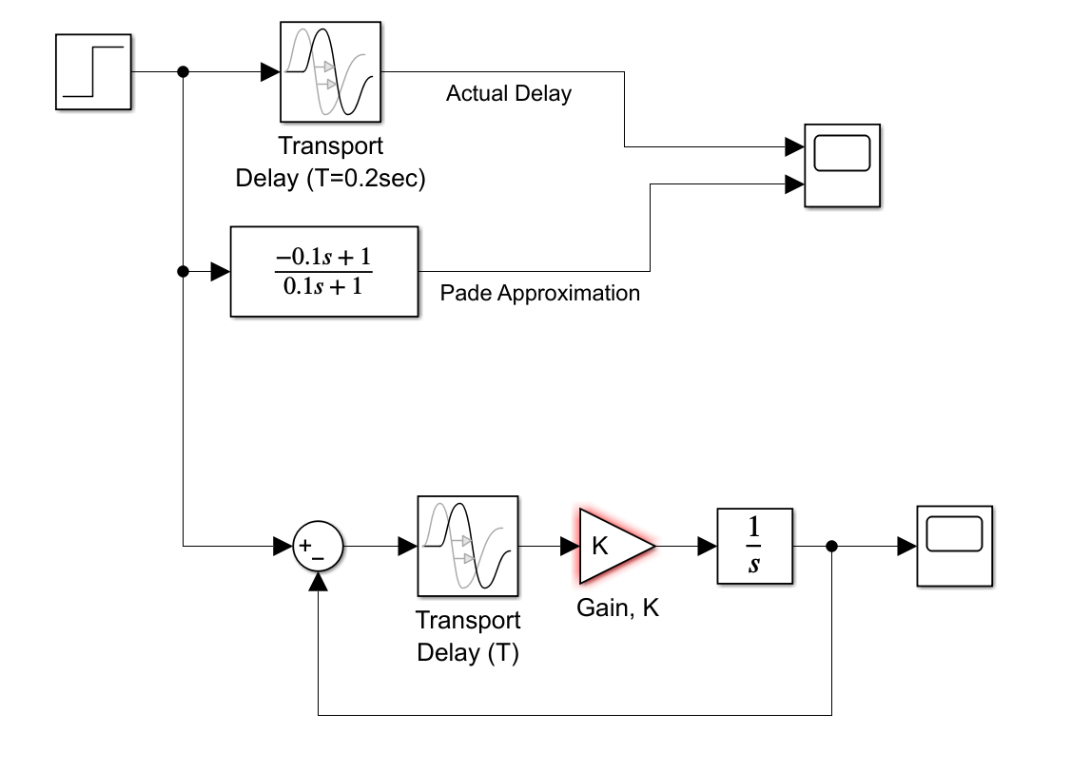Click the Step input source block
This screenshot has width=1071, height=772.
tap(92, 72)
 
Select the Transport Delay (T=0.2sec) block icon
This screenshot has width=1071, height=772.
tap(330, 72)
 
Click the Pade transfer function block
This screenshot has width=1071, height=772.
tap(323, 272)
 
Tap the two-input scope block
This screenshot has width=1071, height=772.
tap(843, 164)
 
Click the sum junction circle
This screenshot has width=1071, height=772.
tap(318, 547)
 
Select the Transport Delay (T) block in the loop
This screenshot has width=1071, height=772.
tap(467, 547)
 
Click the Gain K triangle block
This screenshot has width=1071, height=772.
tap(613, 546)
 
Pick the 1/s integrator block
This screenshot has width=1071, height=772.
tap(754, 547)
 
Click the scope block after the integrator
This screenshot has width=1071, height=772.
tap(954, 546)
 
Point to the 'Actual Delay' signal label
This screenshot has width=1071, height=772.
tap(508, 93)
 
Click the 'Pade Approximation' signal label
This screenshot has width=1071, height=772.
tap(539, 293)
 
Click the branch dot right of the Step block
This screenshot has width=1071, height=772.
tap(183, 72)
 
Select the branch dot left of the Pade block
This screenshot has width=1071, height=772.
tap(183, 272)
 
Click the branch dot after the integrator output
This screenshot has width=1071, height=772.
tap(832, 547)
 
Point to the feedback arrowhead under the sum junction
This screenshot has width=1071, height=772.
tap(318, 582)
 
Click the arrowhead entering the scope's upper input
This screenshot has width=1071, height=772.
tap(794, 147)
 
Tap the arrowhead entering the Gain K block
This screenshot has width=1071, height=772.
tap(570, 547)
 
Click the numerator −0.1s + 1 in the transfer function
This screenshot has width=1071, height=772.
tap(323, 258)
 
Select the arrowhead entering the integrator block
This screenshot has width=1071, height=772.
tap(707, 547)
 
